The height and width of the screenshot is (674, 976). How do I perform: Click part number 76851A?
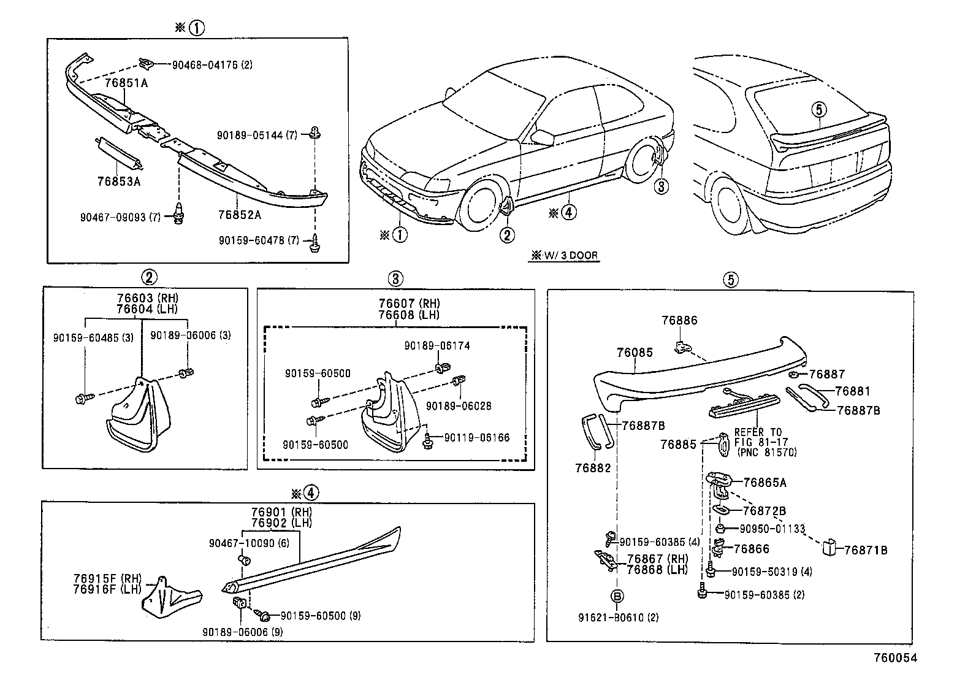[126, 83]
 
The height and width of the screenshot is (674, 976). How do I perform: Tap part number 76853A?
[119, 182]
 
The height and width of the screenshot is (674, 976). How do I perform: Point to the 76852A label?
[239, 215]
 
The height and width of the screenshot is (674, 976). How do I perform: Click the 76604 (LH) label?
[147, 309]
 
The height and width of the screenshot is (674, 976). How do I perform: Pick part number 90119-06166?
[476, 438]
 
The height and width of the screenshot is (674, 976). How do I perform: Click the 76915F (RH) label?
[106, 578]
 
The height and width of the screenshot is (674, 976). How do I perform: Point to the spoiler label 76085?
[635, 353]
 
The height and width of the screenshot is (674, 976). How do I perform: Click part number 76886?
[679, 320]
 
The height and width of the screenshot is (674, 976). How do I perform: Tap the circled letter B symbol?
[617, 595]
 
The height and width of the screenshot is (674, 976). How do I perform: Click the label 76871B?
[865, 550]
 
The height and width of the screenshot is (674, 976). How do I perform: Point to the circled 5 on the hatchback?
[820, 110]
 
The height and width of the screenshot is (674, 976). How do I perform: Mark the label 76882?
[593, 468]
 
